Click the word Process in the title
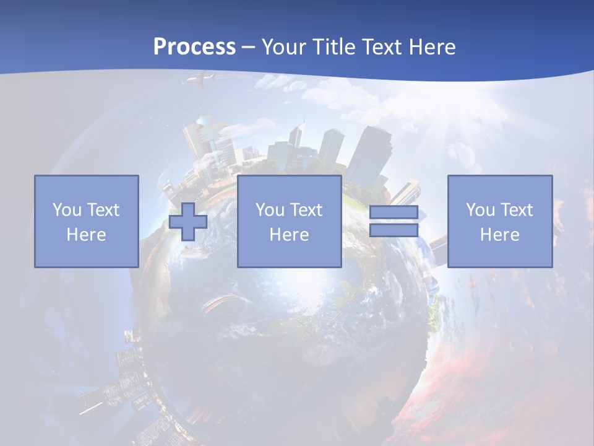[194, 47]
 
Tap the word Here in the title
[431, 47]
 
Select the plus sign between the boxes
[188, 222]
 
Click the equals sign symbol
[394, 221]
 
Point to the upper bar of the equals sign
[394, 212]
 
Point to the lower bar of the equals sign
[394, 230]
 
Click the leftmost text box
[87, 221]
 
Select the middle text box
[289, 221]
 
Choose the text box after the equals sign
[500, 221]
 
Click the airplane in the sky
[202, 80]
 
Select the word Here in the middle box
[289, 235]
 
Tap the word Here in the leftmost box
[87, 235]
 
